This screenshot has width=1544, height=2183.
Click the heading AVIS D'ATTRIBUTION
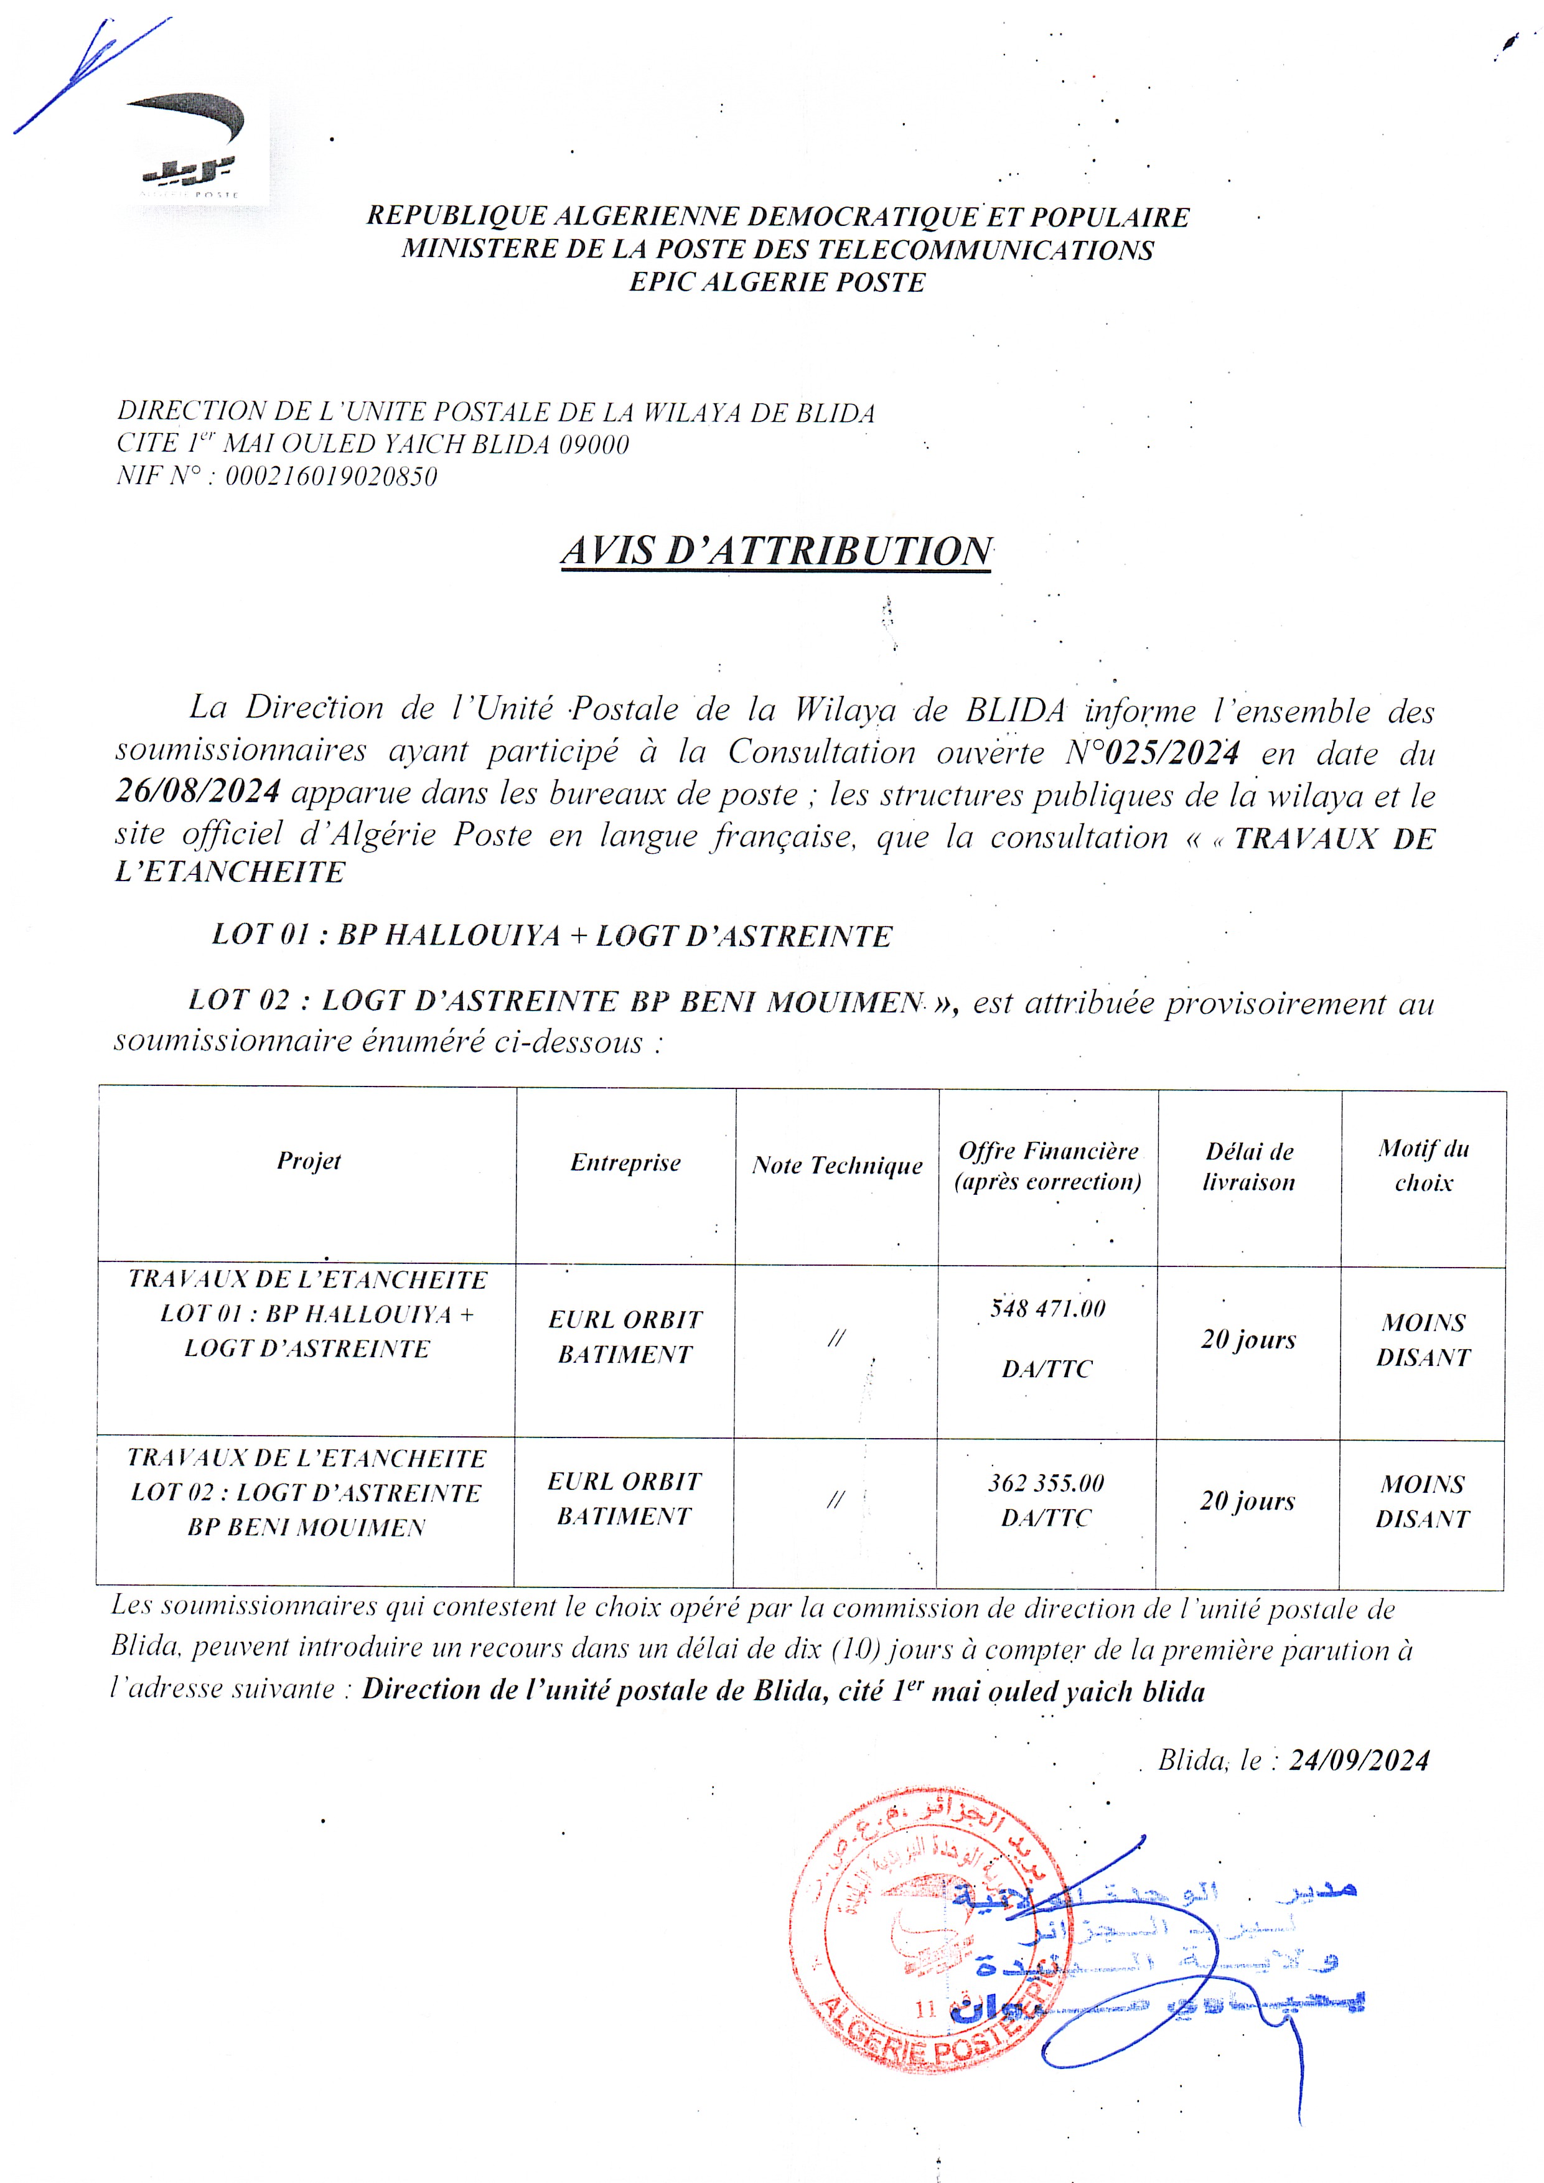[x=776, y=551]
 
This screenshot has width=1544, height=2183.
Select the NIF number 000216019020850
[x=331, y=476]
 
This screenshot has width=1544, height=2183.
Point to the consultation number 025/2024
[x=1172, y=753]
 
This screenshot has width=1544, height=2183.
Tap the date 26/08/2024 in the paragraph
[x=198, y=791]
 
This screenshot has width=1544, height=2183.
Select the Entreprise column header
[x=625, y=1163]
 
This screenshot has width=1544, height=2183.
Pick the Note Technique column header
[x=836, y=1166]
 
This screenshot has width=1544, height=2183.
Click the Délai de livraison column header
[x=1248, y=1167]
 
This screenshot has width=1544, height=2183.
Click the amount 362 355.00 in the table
[x=1046, y=1483]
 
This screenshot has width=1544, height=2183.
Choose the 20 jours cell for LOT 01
[x=1248, y=1340]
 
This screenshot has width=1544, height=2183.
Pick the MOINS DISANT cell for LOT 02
[x=1422, y=1502]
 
